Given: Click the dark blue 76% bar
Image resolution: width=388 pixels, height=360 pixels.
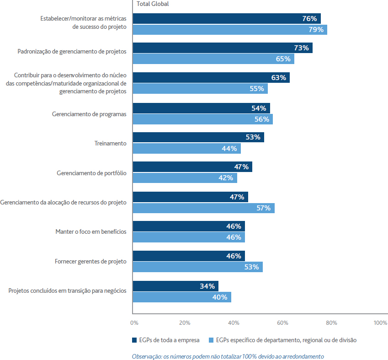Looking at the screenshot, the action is [227, 19].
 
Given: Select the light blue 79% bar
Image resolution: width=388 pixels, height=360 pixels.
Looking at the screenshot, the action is [230, 30].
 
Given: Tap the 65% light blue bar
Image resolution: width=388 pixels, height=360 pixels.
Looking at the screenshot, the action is [213, 59].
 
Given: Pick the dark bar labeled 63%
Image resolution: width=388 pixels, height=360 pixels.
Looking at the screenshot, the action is [211, 78].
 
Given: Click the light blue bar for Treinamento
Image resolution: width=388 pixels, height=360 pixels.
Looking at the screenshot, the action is [187, 149].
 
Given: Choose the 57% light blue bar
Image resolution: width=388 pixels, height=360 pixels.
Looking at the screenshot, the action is [204, 208].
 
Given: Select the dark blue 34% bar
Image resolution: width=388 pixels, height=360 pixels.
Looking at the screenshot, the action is [175, 286].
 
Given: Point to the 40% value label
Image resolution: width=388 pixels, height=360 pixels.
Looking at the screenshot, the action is [220, 297].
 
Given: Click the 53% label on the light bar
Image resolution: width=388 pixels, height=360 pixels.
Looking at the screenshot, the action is [251, 267].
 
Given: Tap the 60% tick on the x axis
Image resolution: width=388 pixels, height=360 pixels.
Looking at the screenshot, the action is [282, 323].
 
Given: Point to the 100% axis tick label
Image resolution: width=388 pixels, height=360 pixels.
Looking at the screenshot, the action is [380, 323].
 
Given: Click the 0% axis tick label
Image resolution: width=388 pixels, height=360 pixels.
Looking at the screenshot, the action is [134, 323].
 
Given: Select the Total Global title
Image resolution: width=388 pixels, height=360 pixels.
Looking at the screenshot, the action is [153, 4].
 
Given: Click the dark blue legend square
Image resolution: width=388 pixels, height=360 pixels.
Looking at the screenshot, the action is [134, 340].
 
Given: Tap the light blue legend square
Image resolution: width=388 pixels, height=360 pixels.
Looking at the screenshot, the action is [211, 340].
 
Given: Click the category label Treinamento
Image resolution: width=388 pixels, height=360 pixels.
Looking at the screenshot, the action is [110, 144].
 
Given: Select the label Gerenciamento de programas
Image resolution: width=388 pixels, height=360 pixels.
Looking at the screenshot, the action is [89, 114].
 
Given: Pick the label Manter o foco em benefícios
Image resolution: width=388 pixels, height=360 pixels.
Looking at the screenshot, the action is [91, 231].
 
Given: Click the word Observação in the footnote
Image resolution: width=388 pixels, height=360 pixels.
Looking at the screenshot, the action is [147, 356].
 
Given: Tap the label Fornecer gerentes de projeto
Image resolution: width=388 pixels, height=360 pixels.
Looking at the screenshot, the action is [90, 261].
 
